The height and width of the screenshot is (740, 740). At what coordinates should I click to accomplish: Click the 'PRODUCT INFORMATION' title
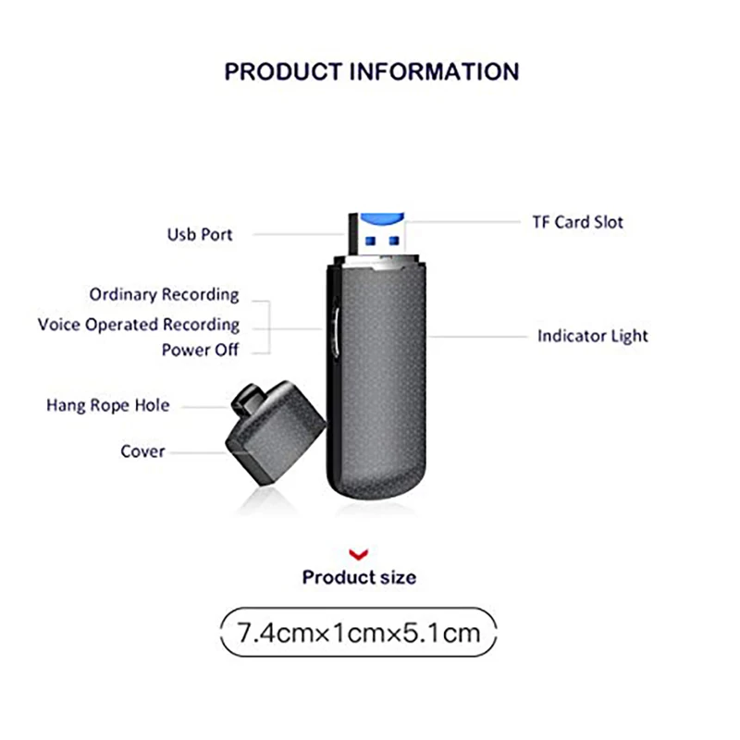[x=372, y=72]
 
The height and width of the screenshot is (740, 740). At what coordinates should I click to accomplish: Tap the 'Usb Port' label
[x=200, y=235]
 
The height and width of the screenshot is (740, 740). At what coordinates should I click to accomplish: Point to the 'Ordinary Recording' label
[x=164, y=295]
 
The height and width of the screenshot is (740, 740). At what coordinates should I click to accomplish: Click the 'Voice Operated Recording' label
[x=139, y=325]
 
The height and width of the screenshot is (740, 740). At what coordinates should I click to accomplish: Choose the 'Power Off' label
[x=200, y=351]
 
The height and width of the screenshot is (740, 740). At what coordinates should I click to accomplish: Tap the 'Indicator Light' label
[x=592, y=336]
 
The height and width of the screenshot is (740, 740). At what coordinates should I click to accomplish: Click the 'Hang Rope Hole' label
[x=108, y=405]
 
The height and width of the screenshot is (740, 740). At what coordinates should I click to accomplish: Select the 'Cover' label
[x=142, y=451]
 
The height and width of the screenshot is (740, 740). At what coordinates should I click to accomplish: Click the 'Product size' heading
[x=359, y=577]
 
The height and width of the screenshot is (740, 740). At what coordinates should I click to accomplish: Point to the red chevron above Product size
[x=360, y=553]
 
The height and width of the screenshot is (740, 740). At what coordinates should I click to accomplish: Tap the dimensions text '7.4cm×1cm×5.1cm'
[x=359, y=634]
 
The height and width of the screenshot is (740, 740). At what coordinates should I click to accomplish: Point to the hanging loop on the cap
[x=241, y=400]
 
